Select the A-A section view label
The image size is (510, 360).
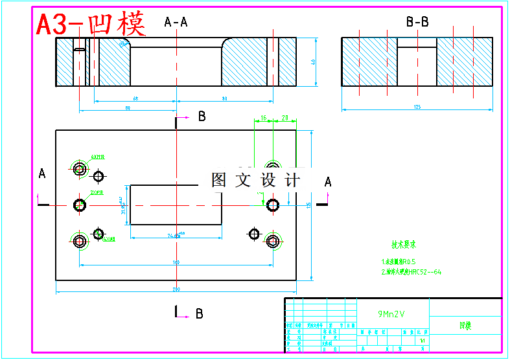click(x=176, y=22)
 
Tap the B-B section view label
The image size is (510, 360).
click(x=417, y=22)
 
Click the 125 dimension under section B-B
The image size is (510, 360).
click(x=417, y=106)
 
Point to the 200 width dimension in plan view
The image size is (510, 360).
click(x=176, y=288)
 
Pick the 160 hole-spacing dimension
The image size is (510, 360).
click(x=176, y=262)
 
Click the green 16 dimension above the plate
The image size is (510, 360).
click(x=263, y=118)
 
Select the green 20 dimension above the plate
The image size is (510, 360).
click(x=285, y=118)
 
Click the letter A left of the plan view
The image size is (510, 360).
click(x=42, y=174)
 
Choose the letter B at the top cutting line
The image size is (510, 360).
click(x=202, y=117)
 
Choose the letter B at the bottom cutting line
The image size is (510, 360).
click(x=200, y=313)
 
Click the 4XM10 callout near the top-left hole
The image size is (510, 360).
click(x=98, y=157)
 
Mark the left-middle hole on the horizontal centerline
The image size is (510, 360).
click(x=80, y=205)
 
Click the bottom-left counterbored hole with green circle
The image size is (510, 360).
click(x=80, y=242)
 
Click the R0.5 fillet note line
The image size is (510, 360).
click(x=399, y=262)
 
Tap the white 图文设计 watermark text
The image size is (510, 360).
click(x=256, y=180)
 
